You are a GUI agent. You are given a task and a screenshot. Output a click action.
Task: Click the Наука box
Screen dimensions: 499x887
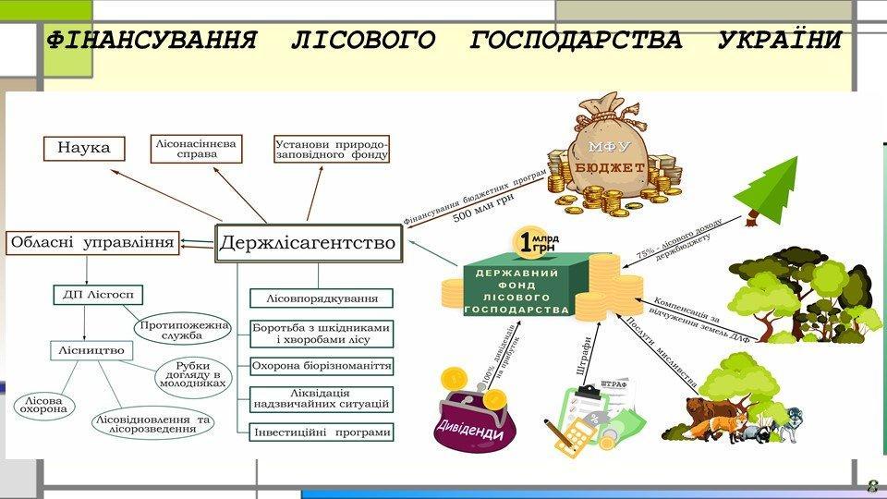[x=82, y=148]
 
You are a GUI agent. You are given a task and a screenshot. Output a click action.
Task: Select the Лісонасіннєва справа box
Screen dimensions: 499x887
[x=198, y=148]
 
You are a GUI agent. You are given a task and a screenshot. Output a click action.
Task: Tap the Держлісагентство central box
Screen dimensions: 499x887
[x=308, y=244]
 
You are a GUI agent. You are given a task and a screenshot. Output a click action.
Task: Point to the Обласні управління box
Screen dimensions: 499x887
[x=91, y=243]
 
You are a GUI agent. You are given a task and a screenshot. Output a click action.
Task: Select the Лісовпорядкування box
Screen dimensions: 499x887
[x=322, y=298]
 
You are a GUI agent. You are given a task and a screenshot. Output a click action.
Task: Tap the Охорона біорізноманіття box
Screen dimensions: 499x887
[x=322, y=366]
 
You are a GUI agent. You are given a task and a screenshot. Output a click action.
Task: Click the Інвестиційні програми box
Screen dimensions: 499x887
[x=322, y=432]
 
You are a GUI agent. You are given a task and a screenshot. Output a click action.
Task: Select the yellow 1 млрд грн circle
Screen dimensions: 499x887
[x=535, y=243]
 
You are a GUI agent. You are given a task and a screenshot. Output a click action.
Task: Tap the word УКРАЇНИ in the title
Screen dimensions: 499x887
[x=779, y=41]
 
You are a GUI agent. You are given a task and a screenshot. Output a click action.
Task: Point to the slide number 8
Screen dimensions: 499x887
[x=871, y=486]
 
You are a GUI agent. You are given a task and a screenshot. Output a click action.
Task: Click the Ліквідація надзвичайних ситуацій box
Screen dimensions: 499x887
[x=322, y=399]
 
